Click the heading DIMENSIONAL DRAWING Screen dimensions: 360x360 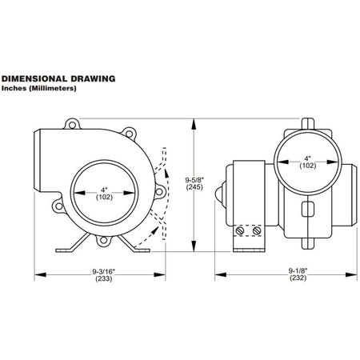[58, 78]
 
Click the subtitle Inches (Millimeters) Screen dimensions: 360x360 [39, 88]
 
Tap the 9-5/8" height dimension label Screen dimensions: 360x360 [194, 180]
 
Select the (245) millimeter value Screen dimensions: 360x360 [194, 187]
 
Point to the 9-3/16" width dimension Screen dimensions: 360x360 [104, 271]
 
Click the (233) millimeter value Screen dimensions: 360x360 [104, 278]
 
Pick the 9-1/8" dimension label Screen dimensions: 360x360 [298, 270]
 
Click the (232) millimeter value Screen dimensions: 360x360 [298, 278]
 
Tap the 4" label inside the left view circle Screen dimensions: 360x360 [104, 190]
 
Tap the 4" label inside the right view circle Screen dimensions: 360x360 [308, 158]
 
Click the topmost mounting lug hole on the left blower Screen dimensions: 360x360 [72, 125]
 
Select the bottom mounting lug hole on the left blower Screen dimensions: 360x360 [103, 241]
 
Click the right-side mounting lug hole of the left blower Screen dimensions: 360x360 [159, 191]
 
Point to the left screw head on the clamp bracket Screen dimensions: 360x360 [240, 230]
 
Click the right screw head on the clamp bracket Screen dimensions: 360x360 [257, 230]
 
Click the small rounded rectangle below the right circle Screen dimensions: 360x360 [308, 209]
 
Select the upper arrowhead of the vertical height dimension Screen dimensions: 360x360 [194, 125]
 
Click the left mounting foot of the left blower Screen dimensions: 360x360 [73, 243]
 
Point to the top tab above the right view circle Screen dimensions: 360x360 [308, 123]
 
